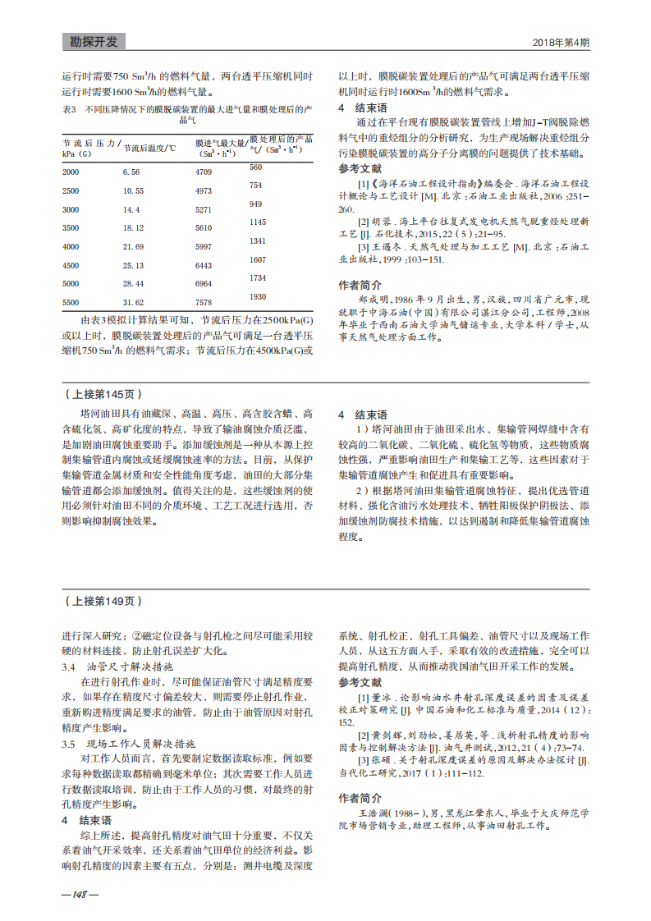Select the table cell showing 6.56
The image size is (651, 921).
pyautogui.click(x=132, y=172)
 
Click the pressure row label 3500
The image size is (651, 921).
pyautogui.click(x=71, y=227)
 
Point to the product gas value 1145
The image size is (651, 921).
pyautogui.click(x=258, y=222)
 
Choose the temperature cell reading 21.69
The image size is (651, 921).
pyautogui.click(x=134, y=246)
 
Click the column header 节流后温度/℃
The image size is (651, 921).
pyautogui.click(x=150, y=149)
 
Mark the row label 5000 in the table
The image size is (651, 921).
pyautogui.click(x=71, y=283)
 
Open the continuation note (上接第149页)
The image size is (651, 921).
pyautogui.click(x=99, y=601)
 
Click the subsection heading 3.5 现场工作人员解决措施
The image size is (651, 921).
pyautogui.click(x=127, y=744)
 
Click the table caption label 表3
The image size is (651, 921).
pyautogui.click(x=69, y=108)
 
